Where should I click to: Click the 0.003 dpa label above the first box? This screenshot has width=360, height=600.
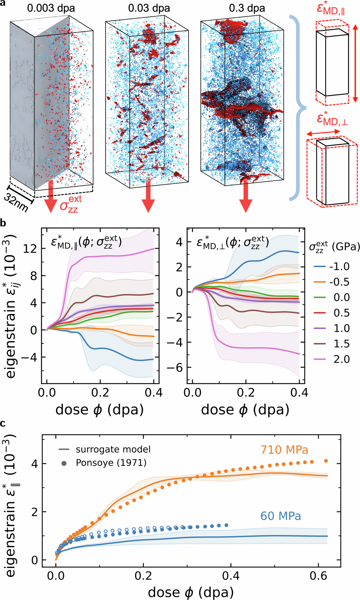[51, 8]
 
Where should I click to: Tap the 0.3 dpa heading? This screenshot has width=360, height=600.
[247, 8]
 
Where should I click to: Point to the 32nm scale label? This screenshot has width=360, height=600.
[16, 202]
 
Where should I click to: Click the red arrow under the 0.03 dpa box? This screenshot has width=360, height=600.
[148, 196]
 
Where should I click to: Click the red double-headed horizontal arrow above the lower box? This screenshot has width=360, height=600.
[323, 133]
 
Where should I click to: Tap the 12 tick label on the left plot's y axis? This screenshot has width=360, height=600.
[30, 249]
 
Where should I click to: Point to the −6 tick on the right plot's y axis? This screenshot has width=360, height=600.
[175, 368]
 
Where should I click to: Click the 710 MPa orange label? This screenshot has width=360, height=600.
[284, 450]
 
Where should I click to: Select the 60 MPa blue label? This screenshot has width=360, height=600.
[280, 516]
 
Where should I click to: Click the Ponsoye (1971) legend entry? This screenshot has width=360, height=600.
[104, 463]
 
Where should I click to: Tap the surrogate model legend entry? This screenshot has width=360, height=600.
[104, 449]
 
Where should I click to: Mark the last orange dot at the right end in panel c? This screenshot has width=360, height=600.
[326, 461]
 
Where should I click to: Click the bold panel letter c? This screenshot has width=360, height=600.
[3, 423]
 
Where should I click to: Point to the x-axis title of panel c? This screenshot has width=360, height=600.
[191, 592]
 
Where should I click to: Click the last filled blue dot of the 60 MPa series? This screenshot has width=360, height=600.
[226, 525]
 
